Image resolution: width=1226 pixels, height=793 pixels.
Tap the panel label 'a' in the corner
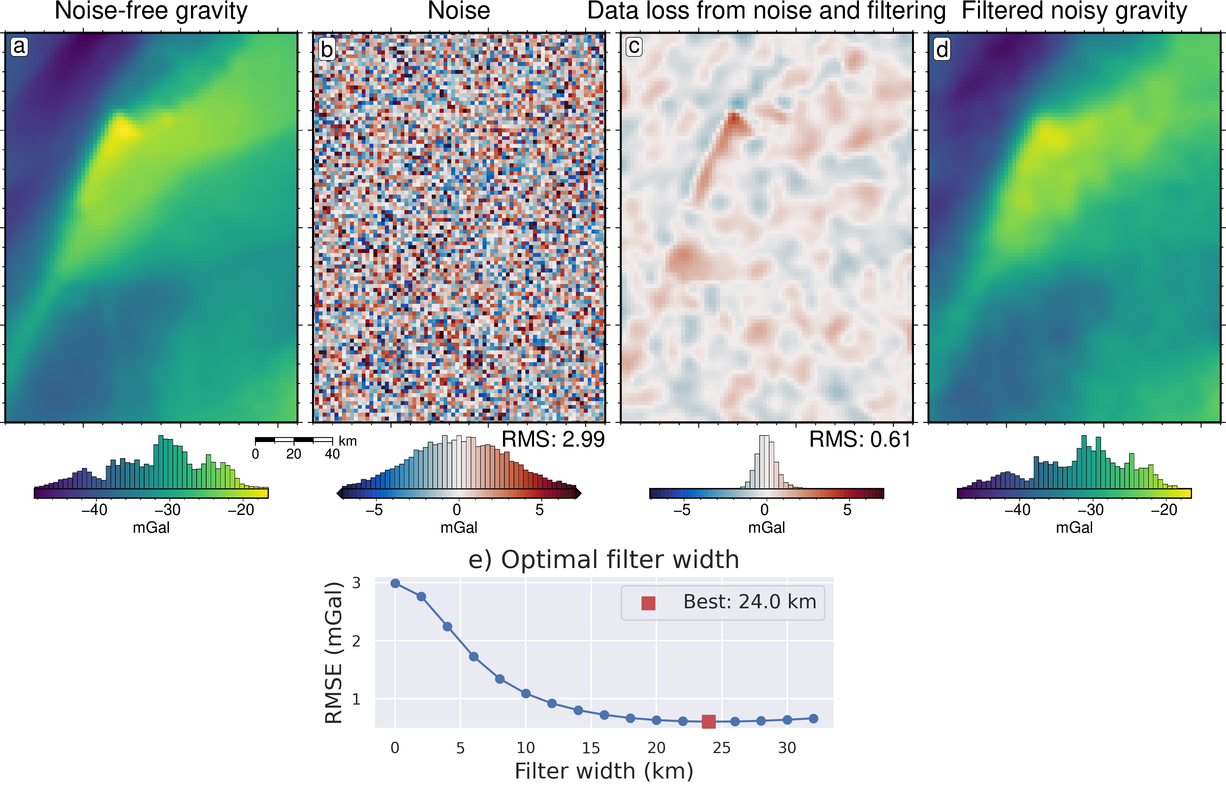(x=19, y=46)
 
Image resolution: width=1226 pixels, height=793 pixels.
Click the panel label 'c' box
(x=634, y=46)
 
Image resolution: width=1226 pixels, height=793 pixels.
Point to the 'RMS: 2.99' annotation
(x=553, y=439)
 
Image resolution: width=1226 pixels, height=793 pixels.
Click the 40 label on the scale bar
(x=332, y=454)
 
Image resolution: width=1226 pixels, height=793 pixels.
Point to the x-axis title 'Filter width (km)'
(x=604, y=771)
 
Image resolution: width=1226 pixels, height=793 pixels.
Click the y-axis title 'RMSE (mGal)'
(x=334, y=652)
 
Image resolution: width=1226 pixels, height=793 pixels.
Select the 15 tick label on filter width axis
(x=591, y=748)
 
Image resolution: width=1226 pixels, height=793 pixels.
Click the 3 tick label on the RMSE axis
(x=356, y=583)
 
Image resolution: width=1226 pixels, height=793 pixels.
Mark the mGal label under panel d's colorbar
(x=1074, y=527)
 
